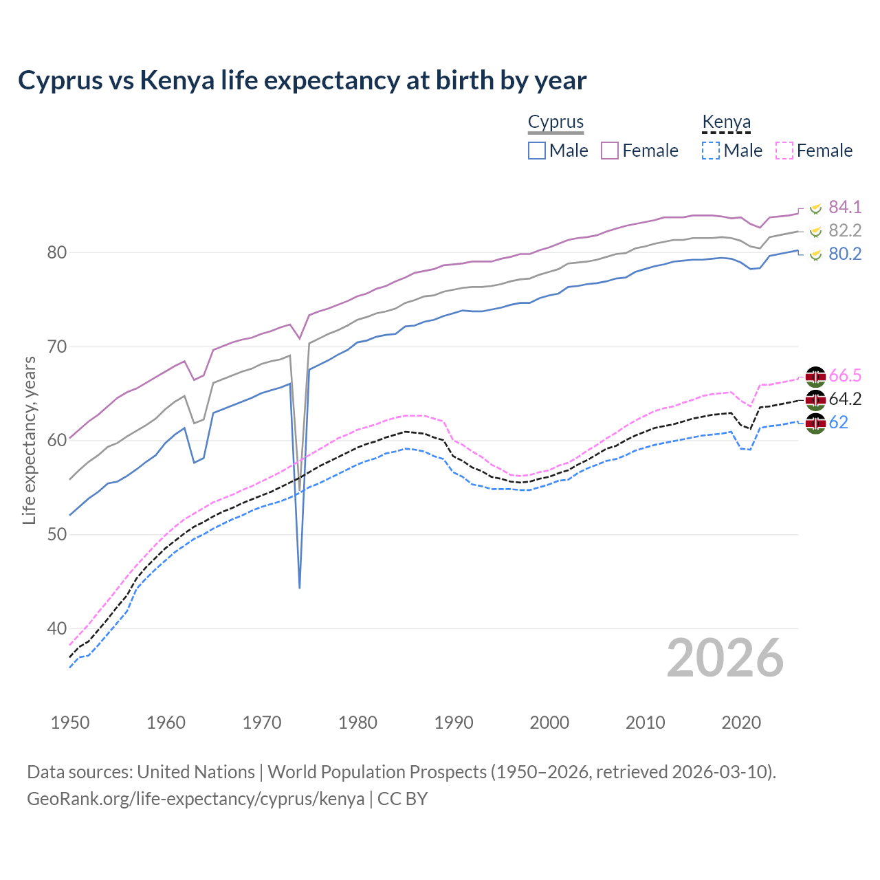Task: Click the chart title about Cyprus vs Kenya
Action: [302, 80]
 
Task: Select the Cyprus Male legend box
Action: [537, 151]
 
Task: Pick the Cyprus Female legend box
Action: [610, 151]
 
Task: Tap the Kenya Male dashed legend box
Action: [711, 151]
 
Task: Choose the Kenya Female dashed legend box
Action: [784, 151]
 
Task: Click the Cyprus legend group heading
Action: [555, 122]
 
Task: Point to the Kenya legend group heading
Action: [726, 122]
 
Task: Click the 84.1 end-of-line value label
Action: [845, 207]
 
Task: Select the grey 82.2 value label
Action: [845, 230]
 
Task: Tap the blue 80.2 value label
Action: [845, 254]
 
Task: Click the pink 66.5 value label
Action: [845, 375]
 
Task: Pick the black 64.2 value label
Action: [845, 399]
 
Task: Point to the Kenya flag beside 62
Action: [815, 423]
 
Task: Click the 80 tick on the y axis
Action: [57, 252]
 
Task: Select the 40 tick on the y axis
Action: [57, 628]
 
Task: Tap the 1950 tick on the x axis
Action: [70, 723]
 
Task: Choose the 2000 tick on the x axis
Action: [549, 723]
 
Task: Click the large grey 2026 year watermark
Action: [725, 658]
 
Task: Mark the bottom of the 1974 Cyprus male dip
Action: [300, 588]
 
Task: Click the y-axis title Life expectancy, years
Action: [29, 440]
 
